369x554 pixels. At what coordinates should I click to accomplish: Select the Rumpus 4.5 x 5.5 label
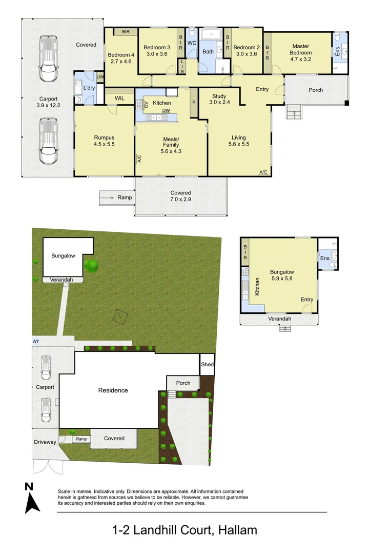(x=104, y=141)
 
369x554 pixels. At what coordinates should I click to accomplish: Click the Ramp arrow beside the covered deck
(x=108, y=197)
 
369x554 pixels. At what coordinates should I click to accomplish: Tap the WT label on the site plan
(x=35, y=341)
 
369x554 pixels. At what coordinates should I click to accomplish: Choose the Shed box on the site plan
(x=207, y=365)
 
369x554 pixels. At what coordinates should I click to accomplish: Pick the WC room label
(x=192, y=43)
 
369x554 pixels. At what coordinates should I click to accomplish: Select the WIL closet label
(x=119, y=98)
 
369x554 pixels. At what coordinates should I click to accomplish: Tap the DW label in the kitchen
(x=166, y=111)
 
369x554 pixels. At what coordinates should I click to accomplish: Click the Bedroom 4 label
(x=121, y=58)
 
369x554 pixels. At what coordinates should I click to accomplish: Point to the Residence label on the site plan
(x=113, y=390)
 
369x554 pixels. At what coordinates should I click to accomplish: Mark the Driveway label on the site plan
(x=45, y=442)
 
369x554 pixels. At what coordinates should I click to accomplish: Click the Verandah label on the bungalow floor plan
(x=280, y=319)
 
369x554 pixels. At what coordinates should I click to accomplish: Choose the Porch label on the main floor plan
(x=316, y=90)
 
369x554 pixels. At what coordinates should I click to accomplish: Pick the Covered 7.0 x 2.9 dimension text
(x=180, y=196)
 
